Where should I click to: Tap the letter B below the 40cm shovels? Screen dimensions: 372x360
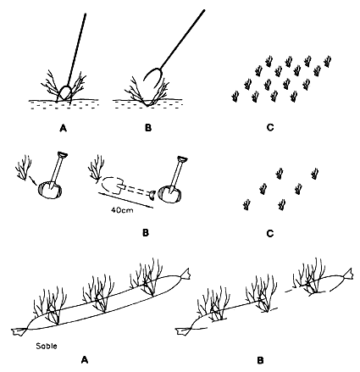click(145, 230)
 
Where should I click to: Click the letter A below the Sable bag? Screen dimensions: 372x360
click(85, 358)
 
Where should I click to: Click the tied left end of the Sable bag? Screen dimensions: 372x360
click(19, 327)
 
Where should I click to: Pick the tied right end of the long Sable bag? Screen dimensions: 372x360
click(186, 273)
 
